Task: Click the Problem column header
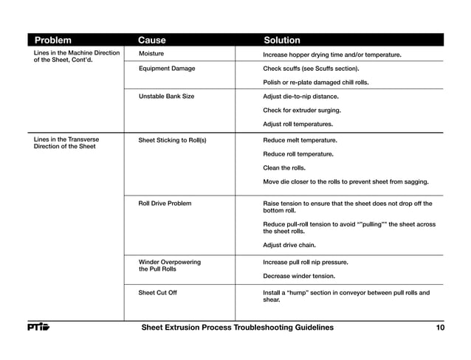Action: click(53, 41)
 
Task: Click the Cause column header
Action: click(152, 41)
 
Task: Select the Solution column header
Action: click(282, 41)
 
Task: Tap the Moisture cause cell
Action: click(151, 55)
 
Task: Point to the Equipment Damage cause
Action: click(167, 69)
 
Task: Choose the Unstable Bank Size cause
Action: click(166, 97)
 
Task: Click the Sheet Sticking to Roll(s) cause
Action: click(172, 140)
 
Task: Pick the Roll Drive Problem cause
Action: click(165, 203)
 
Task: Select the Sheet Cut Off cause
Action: click(158, 293)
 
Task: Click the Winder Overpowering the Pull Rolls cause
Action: click(169, 266)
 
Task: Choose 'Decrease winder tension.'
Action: click(299, 277)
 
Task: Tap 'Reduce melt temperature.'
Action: click(300, 140)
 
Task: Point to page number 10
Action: click(440, 328)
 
